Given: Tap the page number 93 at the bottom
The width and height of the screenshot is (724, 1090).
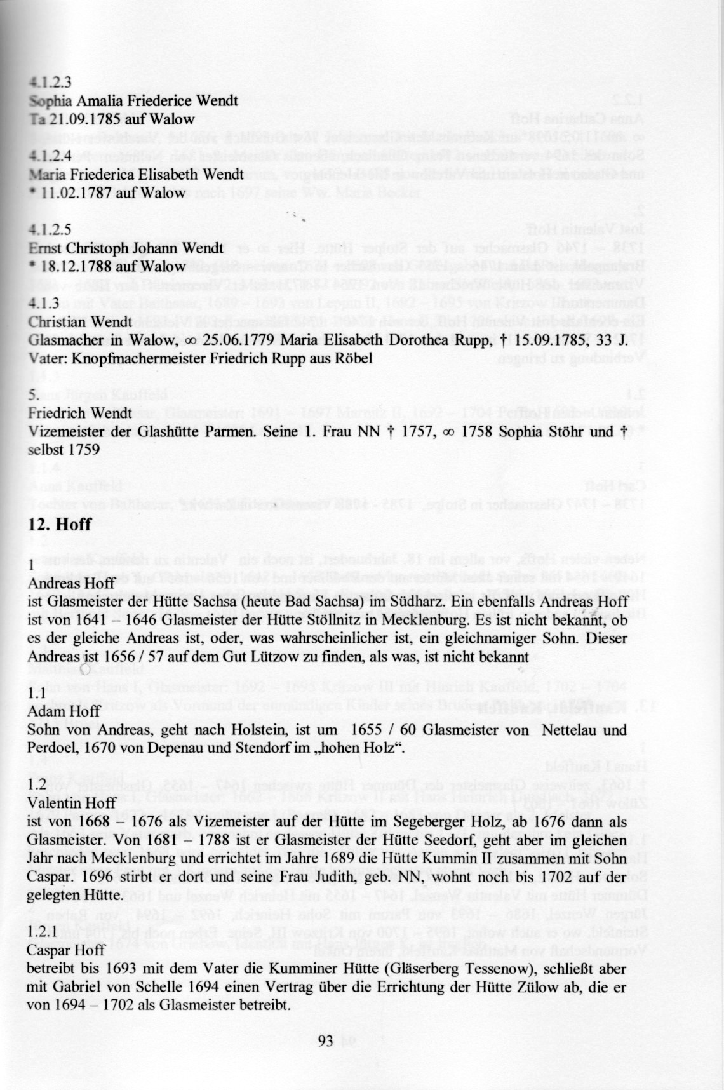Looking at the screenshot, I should click(x=325, y=1040).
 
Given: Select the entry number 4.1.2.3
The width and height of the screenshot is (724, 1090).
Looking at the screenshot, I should click(x=51, y=82).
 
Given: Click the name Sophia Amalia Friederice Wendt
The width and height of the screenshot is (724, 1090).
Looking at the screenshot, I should click(x=133, y=100).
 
